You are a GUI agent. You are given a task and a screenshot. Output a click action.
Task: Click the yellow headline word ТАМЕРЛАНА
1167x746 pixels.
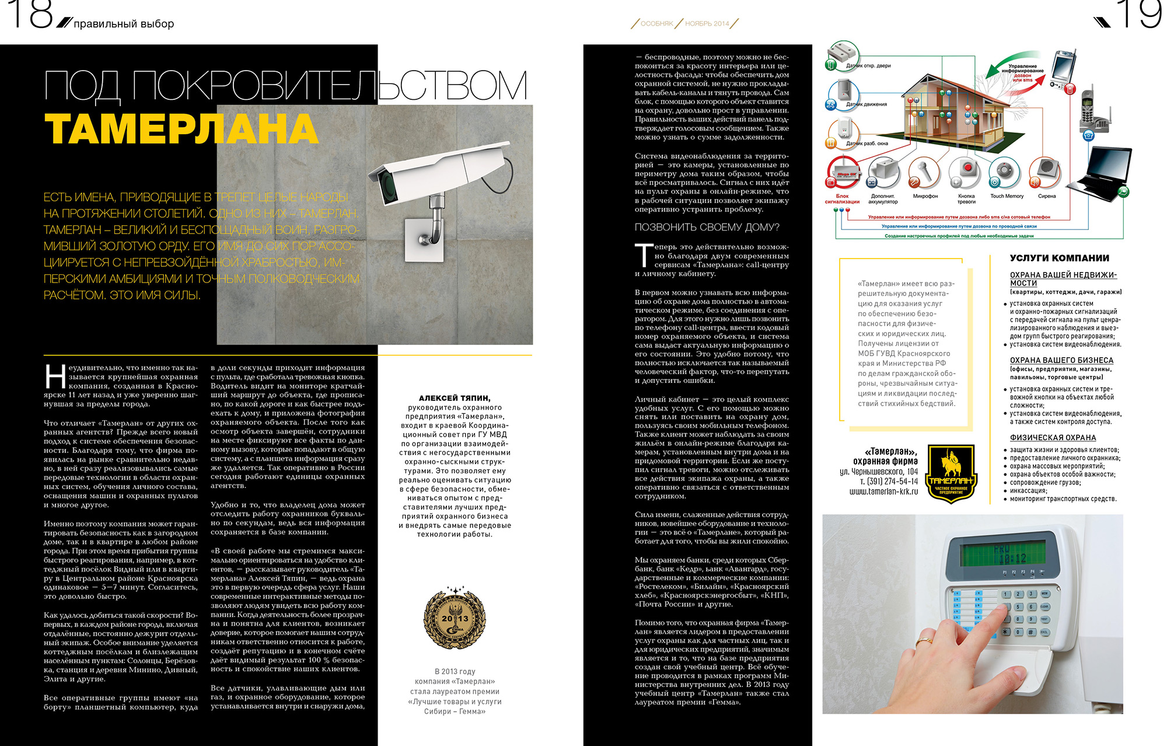click(181, 129)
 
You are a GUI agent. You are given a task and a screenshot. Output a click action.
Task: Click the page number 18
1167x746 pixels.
click(30, 15)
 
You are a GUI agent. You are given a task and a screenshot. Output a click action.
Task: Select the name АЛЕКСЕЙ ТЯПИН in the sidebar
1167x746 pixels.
click(455, 398)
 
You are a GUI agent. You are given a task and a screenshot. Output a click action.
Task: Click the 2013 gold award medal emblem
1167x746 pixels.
click(455, 619)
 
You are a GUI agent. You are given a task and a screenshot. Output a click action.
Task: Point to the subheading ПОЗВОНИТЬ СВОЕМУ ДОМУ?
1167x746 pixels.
click(707, 228)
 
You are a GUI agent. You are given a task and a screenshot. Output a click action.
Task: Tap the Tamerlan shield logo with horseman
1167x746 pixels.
click(951, 473)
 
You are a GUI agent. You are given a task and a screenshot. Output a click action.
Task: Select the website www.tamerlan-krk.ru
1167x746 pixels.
click(883, 491)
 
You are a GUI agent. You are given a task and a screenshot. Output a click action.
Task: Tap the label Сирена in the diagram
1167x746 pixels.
click(1047, 196)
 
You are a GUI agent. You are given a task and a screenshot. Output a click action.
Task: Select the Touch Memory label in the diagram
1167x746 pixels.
click(1007, 196)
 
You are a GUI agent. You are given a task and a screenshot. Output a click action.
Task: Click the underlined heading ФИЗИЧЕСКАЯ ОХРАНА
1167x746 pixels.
click(1053, 438)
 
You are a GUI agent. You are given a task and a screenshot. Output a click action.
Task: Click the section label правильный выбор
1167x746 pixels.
click(124, 24)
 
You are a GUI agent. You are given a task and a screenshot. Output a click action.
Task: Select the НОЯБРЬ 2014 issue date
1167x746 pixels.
click(707, 24)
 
